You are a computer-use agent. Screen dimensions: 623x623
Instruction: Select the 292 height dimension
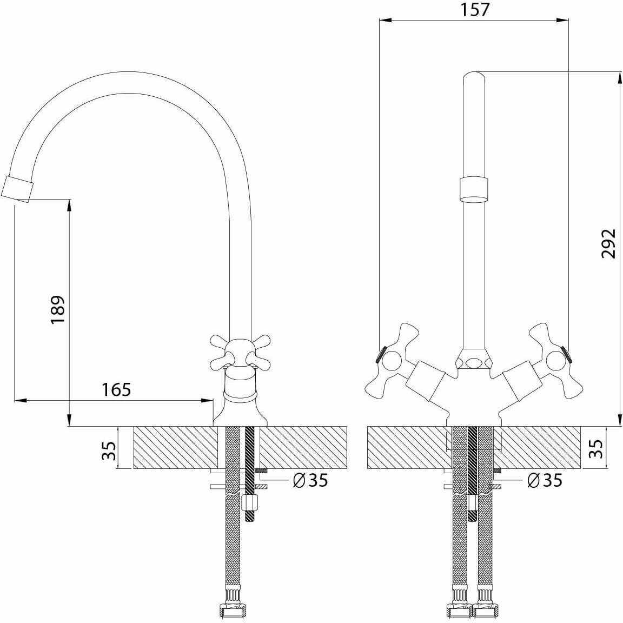click(609, 243)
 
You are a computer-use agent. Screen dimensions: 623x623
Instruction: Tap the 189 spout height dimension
click(58, 309)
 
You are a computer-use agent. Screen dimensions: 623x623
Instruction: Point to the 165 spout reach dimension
click(116, 389)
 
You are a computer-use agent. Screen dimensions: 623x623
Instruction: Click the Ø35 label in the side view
click(310, 480)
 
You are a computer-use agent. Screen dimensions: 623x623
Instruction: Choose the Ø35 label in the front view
click(544, 480)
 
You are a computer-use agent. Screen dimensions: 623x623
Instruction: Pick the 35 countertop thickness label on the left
click(109, 450)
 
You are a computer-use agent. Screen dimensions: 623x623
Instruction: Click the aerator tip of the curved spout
click(17, 189)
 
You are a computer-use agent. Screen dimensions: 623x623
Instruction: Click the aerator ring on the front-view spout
click(475, 189)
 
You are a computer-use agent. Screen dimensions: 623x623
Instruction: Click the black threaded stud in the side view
click(250, 465)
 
